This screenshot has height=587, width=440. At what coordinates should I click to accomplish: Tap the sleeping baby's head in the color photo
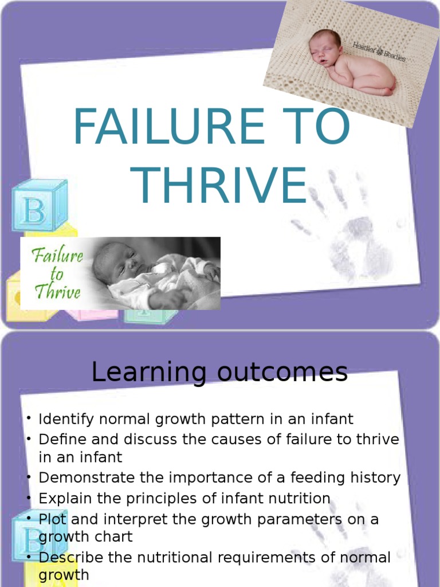point(324,47)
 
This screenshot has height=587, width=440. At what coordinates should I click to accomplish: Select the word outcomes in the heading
point(280,373)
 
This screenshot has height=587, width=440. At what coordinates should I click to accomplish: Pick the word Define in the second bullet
point(60,440)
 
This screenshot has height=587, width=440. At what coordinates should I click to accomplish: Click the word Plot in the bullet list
point(50,519)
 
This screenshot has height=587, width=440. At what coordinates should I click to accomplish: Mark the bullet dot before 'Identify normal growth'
point(28,418)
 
